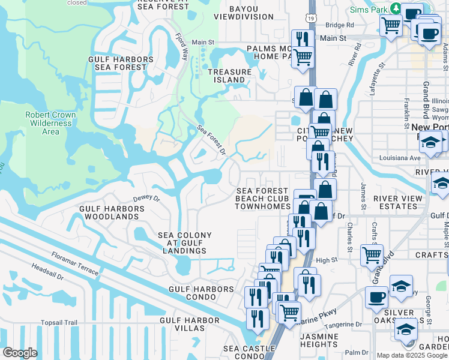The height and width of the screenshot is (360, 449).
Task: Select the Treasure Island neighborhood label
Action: coord(229,76)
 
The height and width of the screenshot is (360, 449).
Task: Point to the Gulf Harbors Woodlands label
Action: coord(112,212)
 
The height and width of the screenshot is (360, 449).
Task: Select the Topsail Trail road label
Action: coord(59,323)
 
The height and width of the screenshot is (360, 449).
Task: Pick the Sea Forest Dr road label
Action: coord(211,139)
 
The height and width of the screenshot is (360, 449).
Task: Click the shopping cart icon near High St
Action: coord(372,254)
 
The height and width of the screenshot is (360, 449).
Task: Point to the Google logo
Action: coord(20,353)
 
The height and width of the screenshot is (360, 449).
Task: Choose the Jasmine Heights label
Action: coord(319,340)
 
